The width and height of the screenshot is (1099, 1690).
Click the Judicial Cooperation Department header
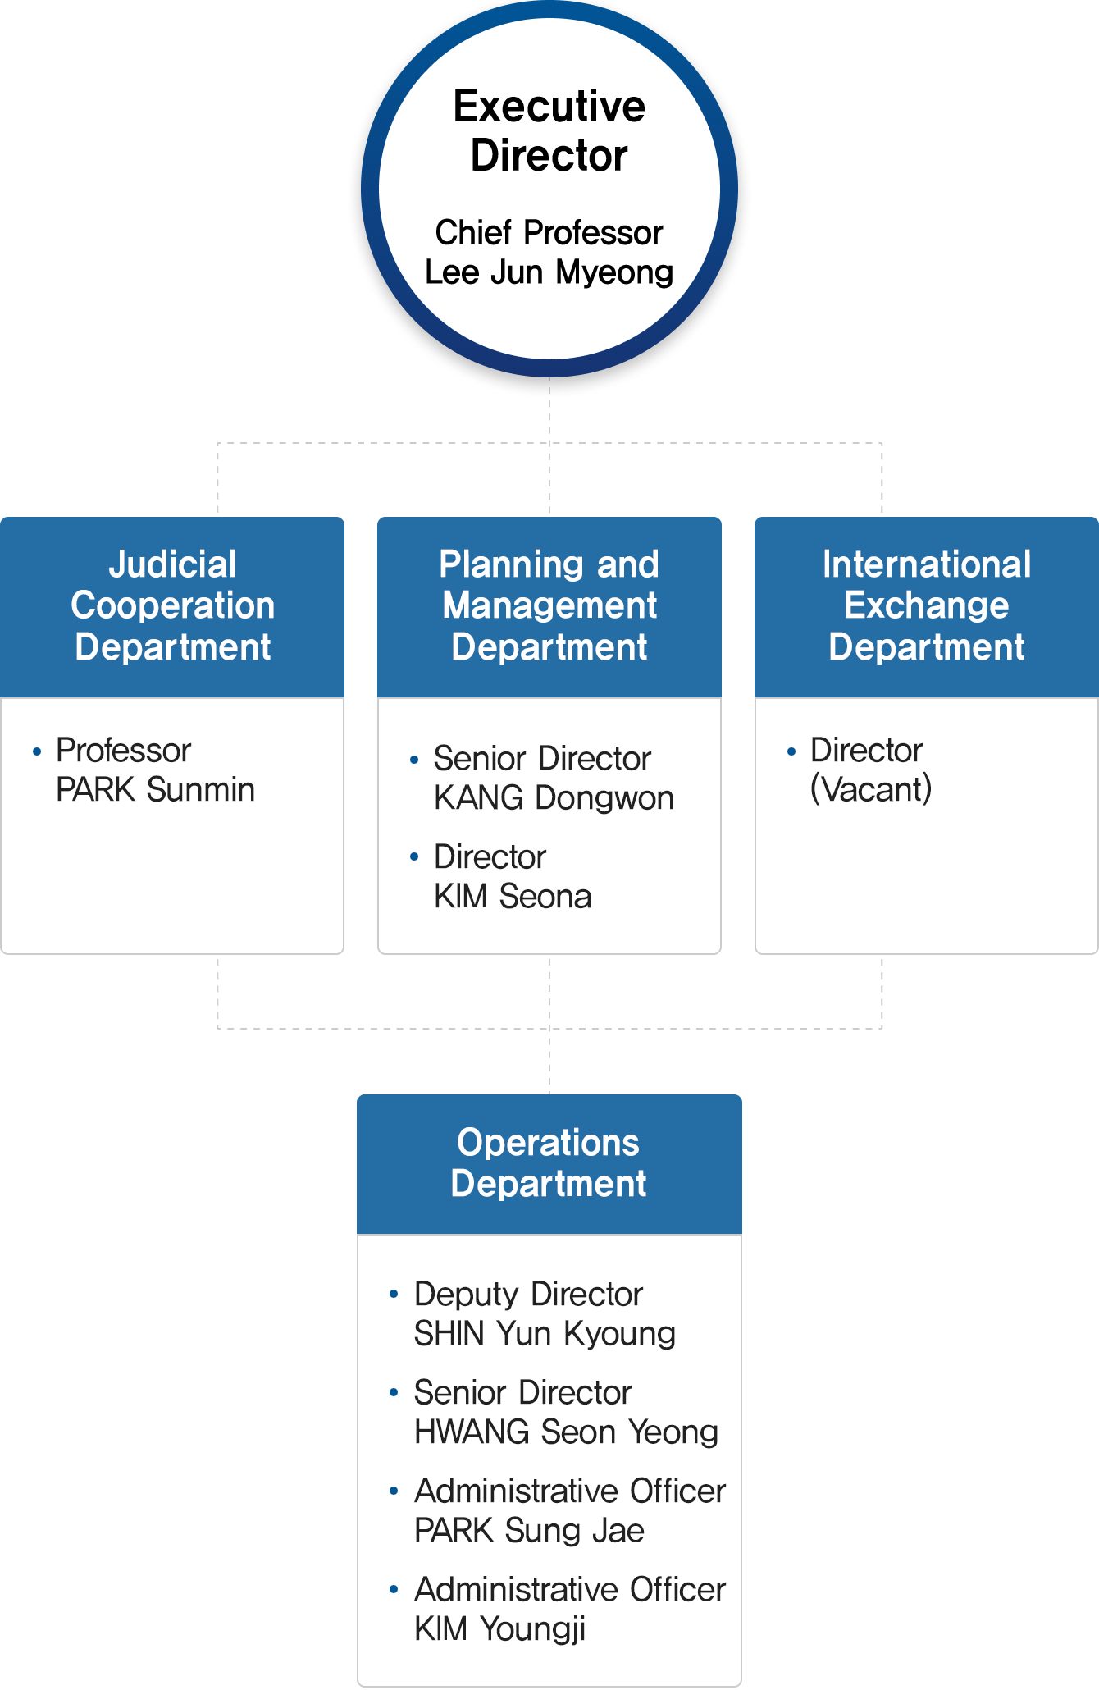click(172, 605)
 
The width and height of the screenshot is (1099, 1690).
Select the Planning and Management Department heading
click(549, 605)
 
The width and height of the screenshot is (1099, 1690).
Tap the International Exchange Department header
click(927, 605)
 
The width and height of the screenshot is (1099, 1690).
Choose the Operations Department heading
click(549, 1163)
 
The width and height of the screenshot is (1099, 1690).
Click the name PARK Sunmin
click(155, 790)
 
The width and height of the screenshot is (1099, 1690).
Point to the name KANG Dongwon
click(554, 798)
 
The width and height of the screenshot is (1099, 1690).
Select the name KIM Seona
click(513, 897)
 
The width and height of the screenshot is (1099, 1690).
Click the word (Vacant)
click(870, 789)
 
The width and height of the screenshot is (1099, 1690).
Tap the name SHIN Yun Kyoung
click(545, 1334)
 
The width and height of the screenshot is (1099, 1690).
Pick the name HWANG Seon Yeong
click(566, 1432)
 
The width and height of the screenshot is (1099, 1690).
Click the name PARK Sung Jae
click(529, 1531)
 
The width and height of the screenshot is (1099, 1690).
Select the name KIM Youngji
click(499, 1629)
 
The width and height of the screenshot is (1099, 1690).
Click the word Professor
click(123, 751)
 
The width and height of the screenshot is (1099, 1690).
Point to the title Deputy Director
click(528, 1295)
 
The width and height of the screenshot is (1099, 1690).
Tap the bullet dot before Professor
click(37, 751)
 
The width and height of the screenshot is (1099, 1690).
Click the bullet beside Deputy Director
click(394, 1295)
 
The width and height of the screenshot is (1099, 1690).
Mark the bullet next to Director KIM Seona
click(414, 857)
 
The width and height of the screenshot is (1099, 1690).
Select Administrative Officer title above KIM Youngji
click(570, 1590)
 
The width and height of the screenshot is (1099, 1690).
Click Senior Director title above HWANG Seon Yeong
click(522, 1393)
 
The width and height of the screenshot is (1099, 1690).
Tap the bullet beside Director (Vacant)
click(791, 751)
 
